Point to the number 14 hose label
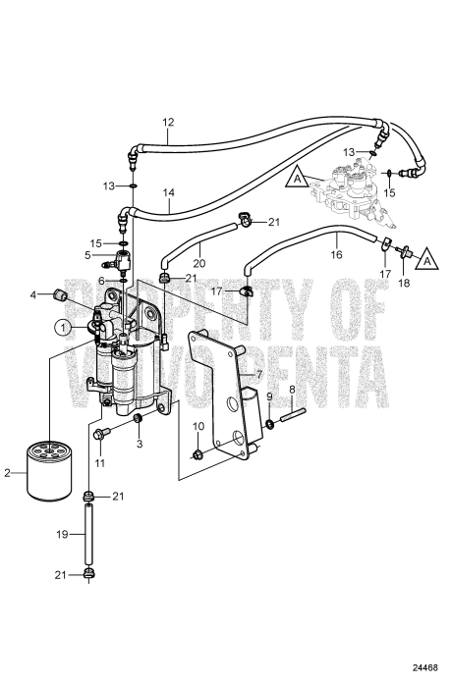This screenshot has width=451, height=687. [170, 194]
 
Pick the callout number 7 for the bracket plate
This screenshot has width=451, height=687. [258, 375]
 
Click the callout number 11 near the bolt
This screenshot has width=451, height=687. [98, 461]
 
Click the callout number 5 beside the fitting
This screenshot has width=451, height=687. [87, 254]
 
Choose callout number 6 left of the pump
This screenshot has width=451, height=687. [101, 280]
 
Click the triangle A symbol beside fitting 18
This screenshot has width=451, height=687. [425, 260]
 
